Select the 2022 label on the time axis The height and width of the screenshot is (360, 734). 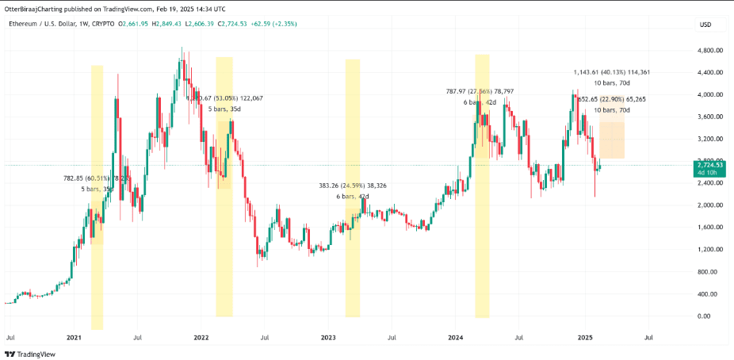(201, 338)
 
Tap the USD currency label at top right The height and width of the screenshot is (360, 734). (705, 25)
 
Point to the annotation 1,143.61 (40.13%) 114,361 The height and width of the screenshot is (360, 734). (611, 72)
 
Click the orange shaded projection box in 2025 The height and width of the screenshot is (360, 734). (612, 140)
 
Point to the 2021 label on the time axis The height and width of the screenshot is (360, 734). (74, 338)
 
